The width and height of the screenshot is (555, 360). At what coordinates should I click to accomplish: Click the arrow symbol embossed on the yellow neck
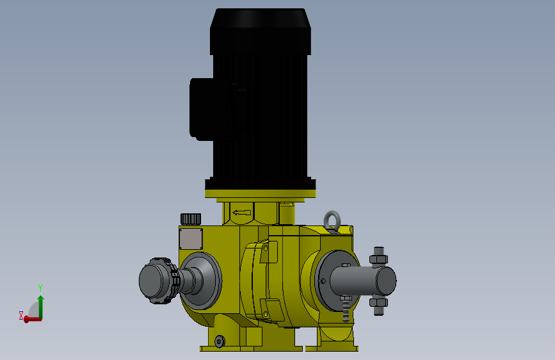click(242, 213)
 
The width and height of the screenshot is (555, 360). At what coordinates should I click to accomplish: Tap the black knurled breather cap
click(191, 219)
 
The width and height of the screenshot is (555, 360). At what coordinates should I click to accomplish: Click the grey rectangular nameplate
click(191, 239)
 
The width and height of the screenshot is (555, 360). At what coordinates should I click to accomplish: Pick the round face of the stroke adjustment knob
click(151, 281)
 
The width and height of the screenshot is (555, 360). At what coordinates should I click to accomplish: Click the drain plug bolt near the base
click(220, 341)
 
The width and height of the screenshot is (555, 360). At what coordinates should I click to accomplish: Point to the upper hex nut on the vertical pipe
click(379, 259)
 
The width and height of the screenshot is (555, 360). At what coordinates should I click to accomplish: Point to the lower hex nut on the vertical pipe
click(379, 302)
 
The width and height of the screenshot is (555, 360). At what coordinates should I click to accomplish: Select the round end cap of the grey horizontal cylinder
click(386, 281)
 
